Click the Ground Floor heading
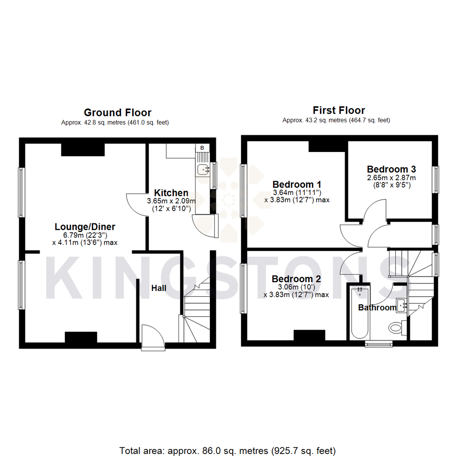click(117, 113)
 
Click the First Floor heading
click(339, 110)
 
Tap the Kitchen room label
click(171, 193)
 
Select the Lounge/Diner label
click(85, 226)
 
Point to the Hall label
click(159, 288)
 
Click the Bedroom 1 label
click(297, 184)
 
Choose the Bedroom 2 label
click(296, 279)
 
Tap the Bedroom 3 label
click(391, 169)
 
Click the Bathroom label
click(377, 308)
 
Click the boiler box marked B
click(202, 148)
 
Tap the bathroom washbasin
click(402, 305)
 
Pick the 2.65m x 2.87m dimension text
click(391, 178)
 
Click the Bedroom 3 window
click(436, 180)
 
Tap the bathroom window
click(379, 344)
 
